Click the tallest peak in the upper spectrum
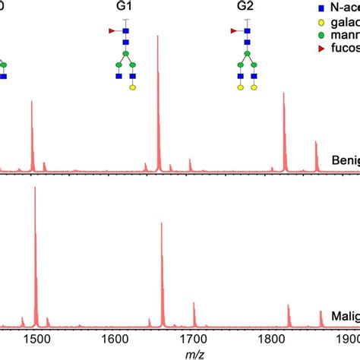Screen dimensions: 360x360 pyautogui.click(x=158, y=38)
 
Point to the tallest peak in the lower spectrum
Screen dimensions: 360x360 pyautogui.click(x=35, y=188)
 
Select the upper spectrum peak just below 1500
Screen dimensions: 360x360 pyautogui.click(x=32, y=103)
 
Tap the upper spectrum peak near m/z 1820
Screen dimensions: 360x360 pyautogui.click(x=283, y=95)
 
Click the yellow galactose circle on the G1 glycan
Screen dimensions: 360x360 pyautogui.click(x=133, y=87)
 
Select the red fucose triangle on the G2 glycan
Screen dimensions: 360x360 pyautogui.click(x=233, y=31)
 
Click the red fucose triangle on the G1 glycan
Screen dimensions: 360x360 pyautogui.click(x=112, y=31)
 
